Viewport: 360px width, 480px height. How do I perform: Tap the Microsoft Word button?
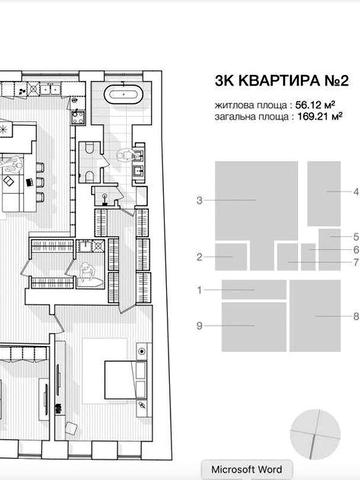click(245, 469)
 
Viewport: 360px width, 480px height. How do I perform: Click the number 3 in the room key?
click(200, 201)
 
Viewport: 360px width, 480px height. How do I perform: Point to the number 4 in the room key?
click(355, 190)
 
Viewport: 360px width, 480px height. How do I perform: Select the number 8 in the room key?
click(355, 316)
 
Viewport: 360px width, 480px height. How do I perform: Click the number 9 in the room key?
click(200, 326)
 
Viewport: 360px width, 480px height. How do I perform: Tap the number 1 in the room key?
click(200, 290)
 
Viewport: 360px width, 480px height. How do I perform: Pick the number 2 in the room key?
click(200, 257)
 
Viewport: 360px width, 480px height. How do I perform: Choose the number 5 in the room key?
click(355, 236)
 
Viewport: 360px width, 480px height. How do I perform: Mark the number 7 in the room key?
click(355, 262)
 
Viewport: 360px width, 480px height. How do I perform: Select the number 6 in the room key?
click(355, 249)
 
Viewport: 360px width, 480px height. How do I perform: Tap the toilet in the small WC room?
click(90, 152)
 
